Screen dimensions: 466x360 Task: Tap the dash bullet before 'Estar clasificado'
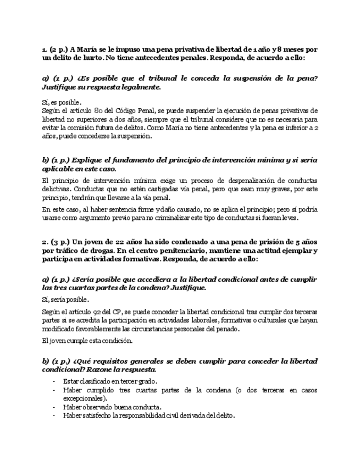(x=54, y=381)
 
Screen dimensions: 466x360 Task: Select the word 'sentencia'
(x=117, y=209)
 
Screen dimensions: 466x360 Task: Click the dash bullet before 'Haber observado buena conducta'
(x=54, y=407)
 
